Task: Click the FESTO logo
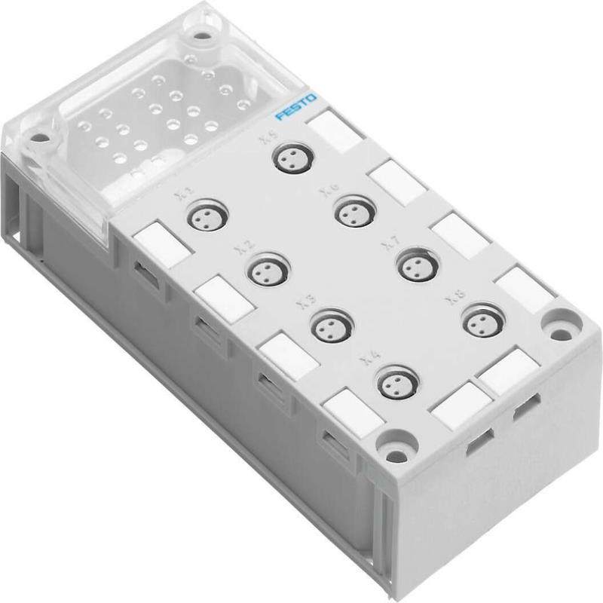(296, 108)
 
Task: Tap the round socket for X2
(268, 271)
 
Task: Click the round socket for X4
(397, 382)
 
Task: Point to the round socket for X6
(354, 210)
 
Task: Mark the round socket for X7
(417, 264)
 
